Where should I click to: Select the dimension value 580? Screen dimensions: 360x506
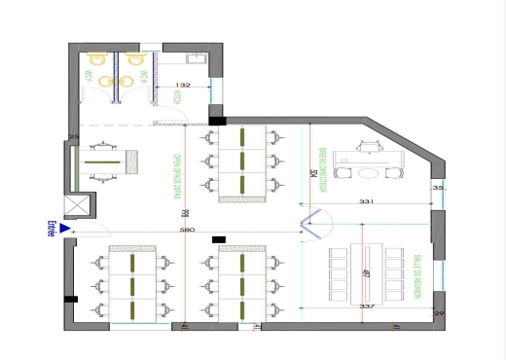(187, 230)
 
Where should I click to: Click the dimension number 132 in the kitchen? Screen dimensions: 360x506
(182, 87)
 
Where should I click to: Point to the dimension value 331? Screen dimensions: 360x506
(367, 201)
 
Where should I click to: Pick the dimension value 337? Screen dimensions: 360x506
(368, 306)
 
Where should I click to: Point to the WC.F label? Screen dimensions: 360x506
(88, 76)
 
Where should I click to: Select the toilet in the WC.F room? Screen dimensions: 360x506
(96, 61)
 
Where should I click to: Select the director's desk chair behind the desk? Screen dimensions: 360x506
(368, 146)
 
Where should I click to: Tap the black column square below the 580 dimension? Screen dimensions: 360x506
(218, 239)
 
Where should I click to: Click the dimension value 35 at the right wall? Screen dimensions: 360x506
(438, 186)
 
